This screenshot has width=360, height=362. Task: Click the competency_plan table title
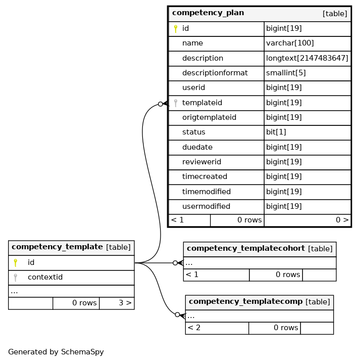coord(208,13)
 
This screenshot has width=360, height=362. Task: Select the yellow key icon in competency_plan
coord(176,29)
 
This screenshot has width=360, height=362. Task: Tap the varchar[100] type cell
coord(290,43)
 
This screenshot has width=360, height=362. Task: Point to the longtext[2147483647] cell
coord(307,58)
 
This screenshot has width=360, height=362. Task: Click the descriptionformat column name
coord(215,73)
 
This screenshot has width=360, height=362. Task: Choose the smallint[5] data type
coord(286,73)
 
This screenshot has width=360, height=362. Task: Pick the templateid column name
coord(202,103)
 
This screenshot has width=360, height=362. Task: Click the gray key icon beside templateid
coord(176,103)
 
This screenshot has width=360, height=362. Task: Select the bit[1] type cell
coord(276,132)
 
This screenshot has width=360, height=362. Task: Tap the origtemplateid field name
coord(209,117)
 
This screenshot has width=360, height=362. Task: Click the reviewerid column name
coord(201,162)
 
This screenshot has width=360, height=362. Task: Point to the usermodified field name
coord(206,206)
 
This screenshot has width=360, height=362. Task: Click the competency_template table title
coord(57,247)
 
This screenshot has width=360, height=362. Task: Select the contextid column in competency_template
coord(45,277)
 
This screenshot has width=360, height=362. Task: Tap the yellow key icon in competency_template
coord(16,263)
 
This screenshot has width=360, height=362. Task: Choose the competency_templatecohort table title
coord(245,248)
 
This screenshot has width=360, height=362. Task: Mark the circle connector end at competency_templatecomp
coord(177,314)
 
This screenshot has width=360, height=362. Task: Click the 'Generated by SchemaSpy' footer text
coord(56,352)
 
